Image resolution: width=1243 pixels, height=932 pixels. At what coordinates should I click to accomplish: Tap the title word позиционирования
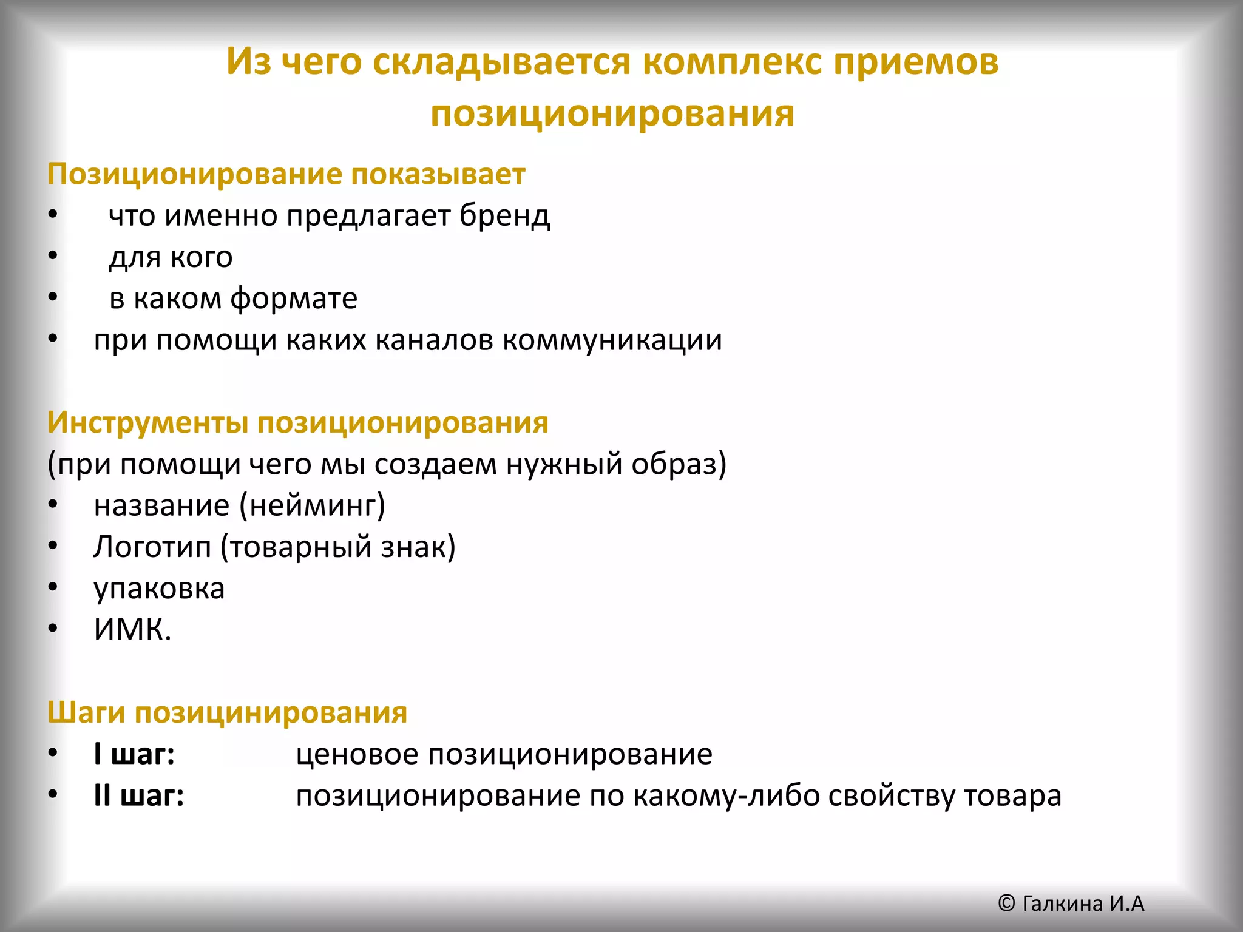pos(612,114)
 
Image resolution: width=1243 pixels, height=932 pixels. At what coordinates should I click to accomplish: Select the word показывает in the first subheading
pos(438,175)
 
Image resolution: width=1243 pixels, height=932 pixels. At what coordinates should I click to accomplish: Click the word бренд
pos(504,216)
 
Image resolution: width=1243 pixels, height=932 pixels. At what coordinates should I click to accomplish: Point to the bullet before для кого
pos(53,256)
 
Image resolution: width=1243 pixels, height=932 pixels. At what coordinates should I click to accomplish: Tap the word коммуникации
pos(612,340)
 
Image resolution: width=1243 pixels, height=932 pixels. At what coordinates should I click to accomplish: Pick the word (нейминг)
pos(312,506)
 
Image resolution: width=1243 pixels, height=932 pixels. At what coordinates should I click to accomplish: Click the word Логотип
pos(152,547)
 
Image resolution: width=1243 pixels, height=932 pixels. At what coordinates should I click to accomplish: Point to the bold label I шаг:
pos(134,755)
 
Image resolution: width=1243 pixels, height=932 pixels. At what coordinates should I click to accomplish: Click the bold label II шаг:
pos(139,796)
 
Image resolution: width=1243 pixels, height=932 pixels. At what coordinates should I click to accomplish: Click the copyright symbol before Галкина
pos(1006,903)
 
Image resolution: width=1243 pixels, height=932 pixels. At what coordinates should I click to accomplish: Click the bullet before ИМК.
pos(53,629)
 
